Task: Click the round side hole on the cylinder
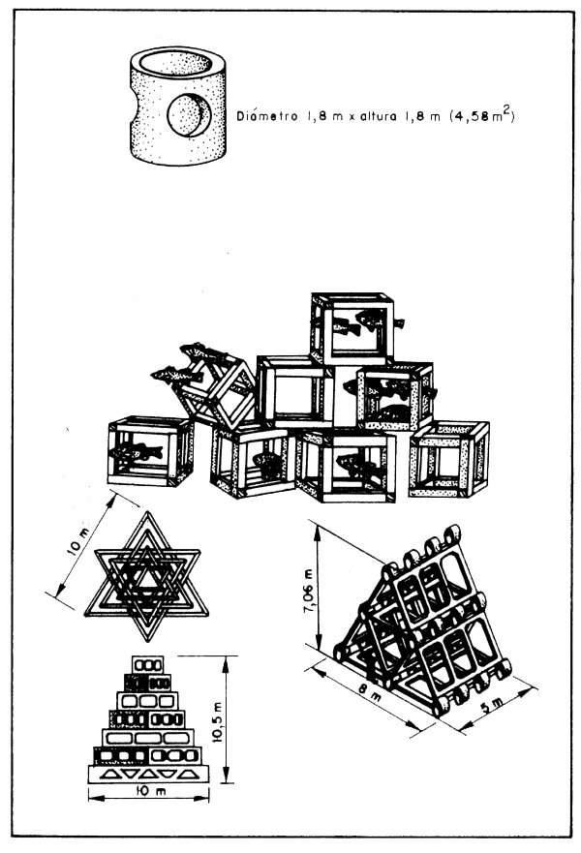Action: click(x=189, y=115)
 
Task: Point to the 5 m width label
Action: click(x=491, y=706)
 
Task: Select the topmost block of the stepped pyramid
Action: click(x=148, y=664)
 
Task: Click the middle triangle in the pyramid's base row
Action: click(x=148, y=773)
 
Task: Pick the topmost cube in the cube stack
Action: click(x=352, y=327)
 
